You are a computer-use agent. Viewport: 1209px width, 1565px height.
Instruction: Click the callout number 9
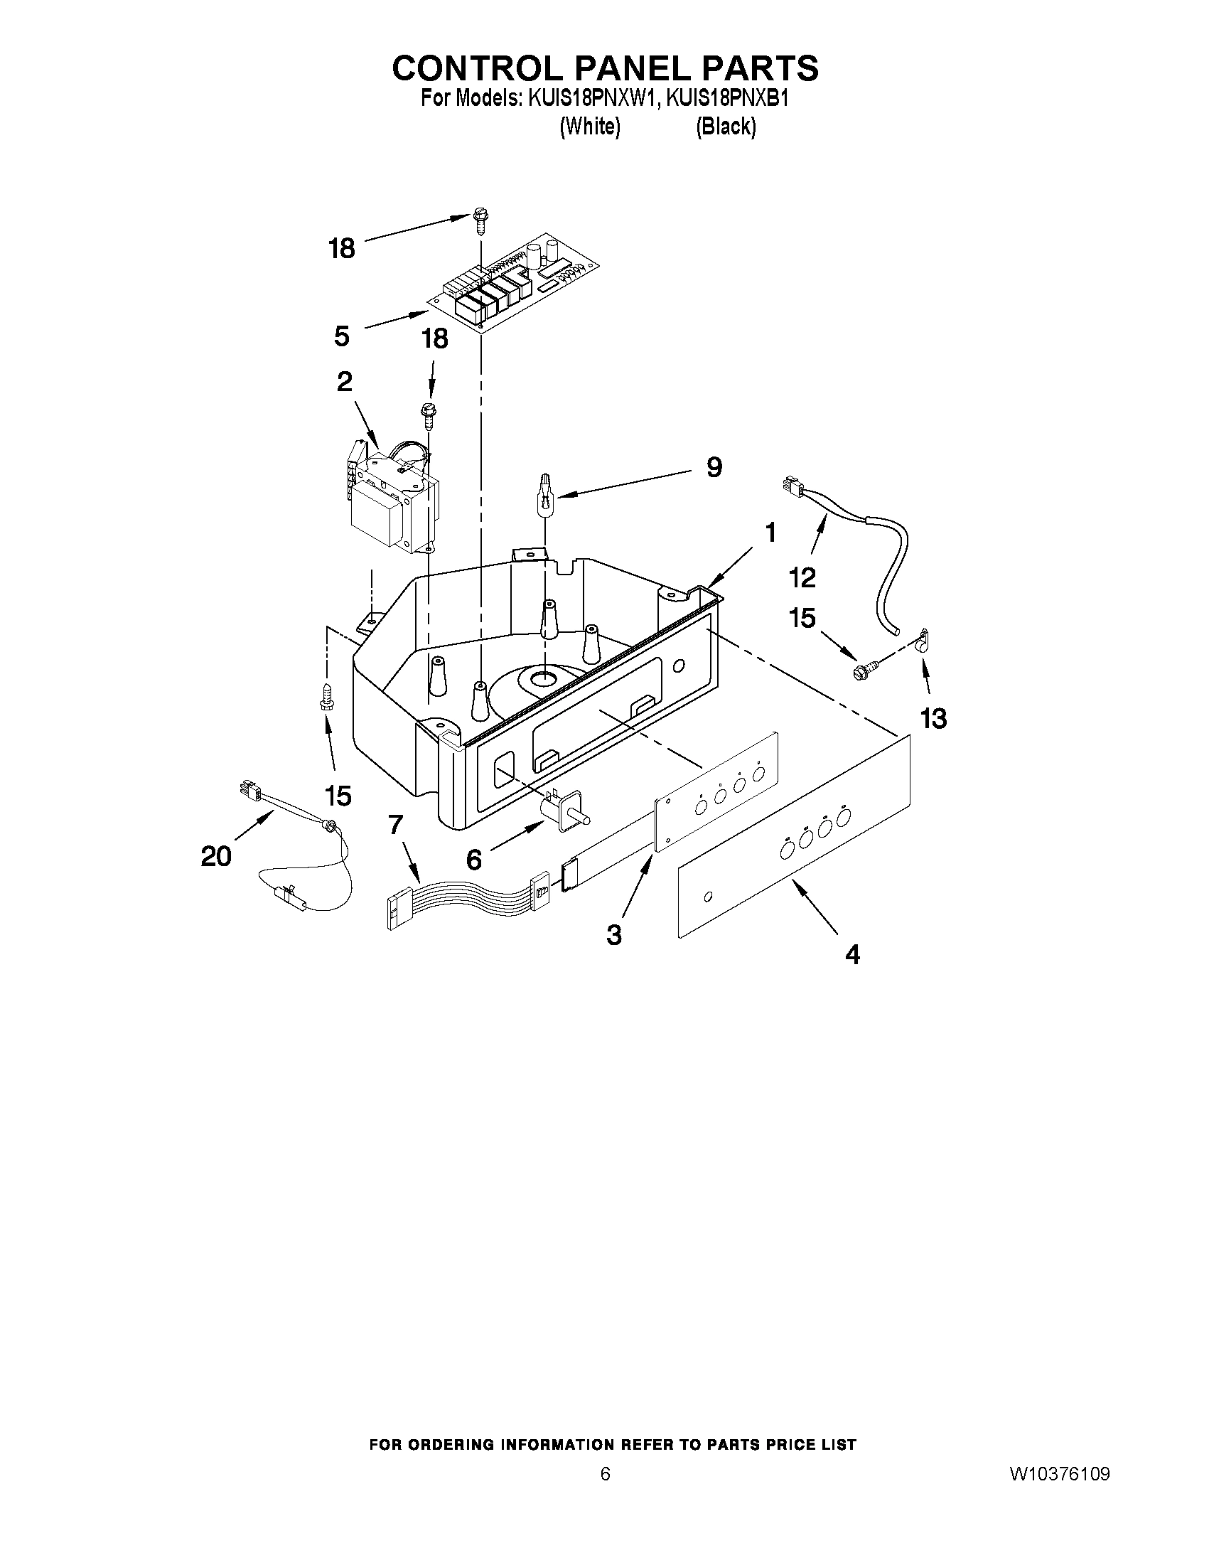click(x=714, y=468)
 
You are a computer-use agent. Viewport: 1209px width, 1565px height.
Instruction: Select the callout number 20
click(x=216, y=855)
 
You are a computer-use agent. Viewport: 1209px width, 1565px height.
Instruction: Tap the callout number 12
click(x=802, y=577)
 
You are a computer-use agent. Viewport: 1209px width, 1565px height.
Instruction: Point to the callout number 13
click(x=934, y=717)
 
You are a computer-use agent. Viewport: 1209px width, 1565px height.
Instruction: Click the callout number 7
click(x=396, y=826)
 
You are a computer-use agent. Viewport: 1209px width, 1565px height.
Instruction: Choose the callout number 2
click(x=345, y=382)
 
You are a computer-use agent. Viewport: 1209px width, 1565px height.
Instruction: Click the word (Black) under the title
click(x=726, y=126)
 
